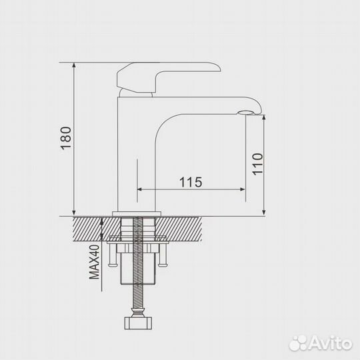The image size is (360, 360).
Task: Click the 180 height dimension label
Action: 64,139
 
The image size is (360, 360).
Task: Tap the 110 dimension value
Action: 258,164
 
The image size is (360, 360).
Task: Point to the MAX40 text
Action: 95,262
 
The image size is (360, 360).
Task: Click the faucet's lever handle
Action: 167,75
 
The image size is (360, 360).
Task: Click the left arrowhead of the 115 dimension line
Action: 140,190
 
